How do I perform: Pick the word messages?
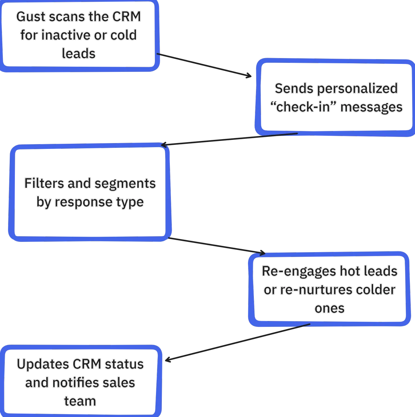point(371,107)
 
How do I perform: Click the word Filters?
point(44,183)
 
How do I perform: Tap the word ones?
point(329,309)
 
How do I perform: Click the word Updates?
point(43,364)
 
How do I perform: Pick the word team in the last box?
point(80,401)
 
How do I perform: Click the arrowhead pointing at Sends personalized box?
point(251,76)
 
